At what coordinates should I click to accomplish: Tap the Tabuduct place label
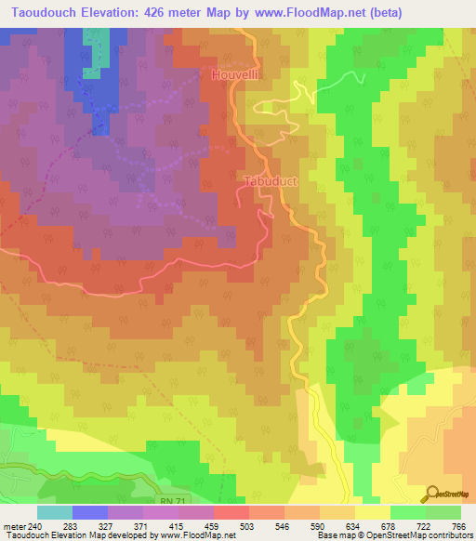(x=270, y=182)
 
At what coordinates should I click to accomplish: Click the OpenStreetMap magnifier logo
(x=433, y=493)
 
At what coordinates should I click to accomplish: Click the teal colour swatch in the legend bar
(x=54, y=512)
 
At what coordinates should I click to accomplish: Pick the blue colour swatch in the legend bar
(x=89, y=512)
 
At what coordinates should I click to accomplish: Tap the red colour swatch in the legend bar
(x=231, y=512)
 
